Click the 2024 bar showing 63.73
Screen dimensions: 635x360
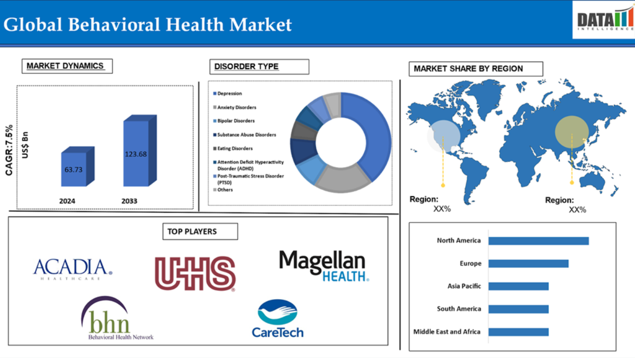point(78,167)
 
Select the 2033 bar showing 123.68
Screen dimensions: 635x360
point(140,151)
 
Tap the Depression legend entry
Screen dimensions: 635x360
point(227,94)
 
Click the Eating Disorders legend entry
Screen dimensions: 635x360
point(233,148)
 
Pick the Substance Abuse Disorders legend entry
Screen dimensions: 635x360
point(244,135)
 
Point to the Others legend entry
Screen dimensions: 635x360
point(223,190)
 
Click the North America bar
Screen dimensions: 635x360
point(539,241)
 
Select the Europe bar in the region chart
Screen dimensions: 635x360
point(528,264)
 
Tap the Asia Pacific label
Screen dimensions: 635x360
point(464,287)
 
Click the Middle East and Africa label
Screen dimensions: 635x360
point(447,332)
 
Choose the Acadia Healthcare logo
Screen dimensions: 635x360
point(72,269)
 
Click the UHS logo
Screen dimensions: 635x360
point(195,274)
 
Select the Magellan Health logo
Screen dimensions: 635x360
point(324,266)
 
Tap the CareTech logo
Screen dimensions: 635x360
point(278,319)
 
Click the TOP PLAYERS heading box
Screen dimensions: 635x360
point(200,232)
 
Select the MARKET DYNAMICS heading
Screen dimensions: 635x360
point(67,66)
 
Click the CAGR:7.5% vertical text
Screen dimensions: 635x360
point(9,150)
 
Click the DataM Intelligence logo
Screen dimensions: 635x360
point(603,20)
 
